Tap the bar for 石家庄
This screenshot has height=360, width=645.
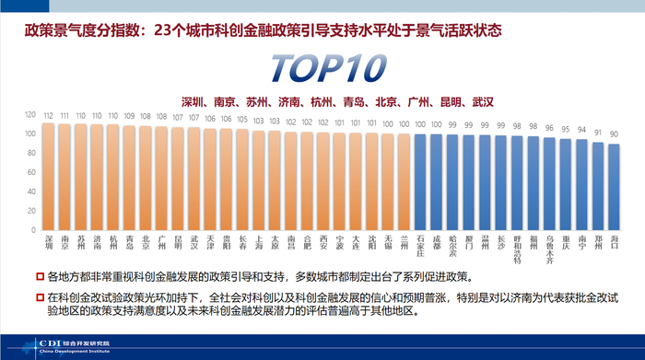pyautogui.click(x=421, y=182)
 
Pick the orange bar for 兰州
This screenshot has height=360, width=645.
pyautogui.click(x=404, y=182)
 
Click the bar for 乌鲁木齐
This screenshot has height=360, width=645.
pyautogui.click(x=549, y=184)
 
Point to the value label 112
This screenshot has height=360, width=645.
pyautogui.click(x=48, y=115)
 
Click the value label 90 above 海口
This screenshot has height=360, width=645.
pyautogui.click(x=614, y=134)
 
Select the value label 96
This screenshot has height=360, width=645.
pyautogui.click(x=549, y=129)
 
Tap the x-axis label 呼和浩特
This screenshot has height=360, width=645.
pyautogui.click(x=517, y=249)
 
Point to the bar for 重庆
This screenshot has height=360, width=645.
pyautogui.click(x=566, y=185)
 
